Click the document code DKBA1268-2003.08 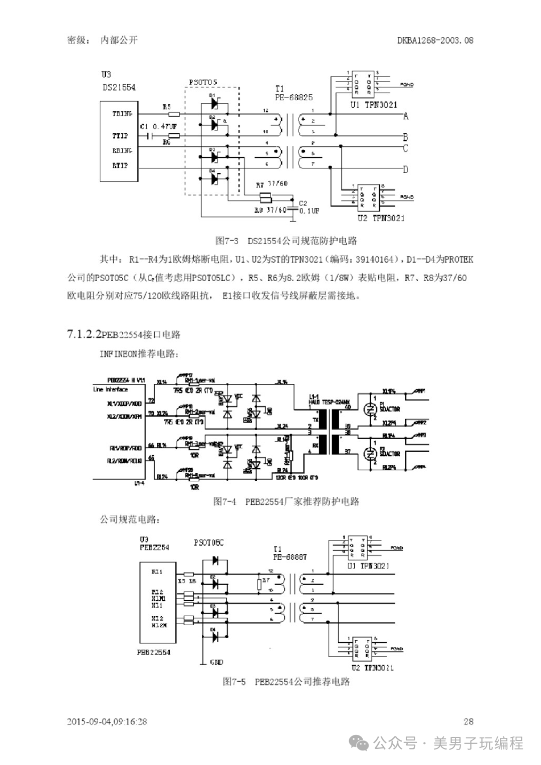pos(435,40)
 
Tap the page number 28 pos(468,721)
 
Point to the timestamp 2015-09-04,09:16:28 pos(107,721)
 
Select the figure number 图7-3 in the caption pos(227,241)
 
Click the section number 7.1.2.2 pos(84,334)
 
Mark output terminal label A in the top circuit pos(406,116)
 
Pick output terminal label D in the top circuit pos(406,169)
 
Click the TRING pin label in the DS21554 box pos(122,114)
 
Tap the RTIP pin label pos(120,165)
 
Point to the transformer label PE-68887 pos(290,557)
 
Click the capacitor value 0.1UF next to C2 pos(309,211)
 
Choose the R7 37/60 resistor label pos(272,184)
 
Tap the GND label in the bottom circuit pos(216,662)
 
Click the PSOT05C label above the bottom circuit pos(208,543)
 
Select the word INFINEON pos(118,354)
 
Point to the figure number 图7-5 pos(234,682)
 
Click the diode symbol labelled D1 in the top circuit pos(214,103)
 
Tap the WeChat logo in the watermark pos(360,743)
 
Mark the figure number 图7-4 pos(224,501)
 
